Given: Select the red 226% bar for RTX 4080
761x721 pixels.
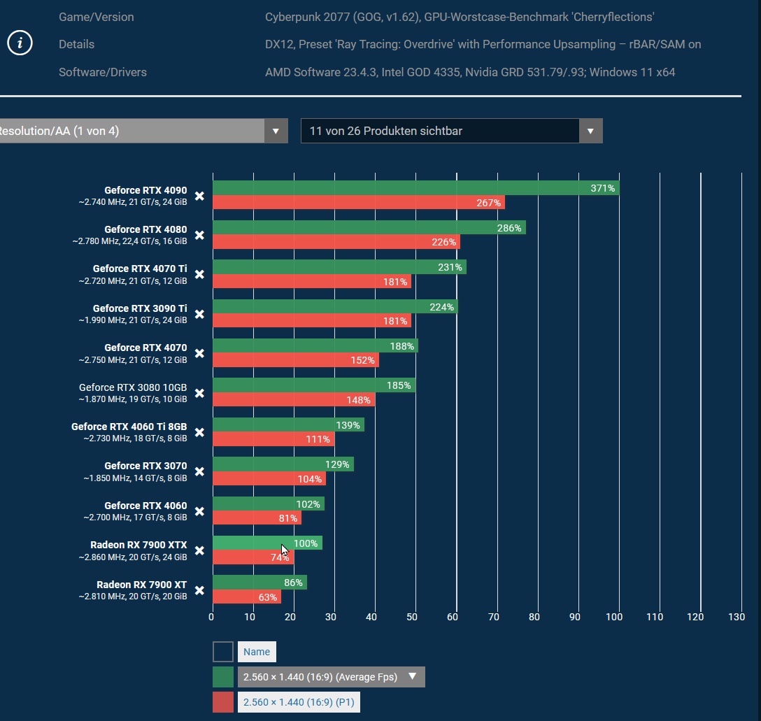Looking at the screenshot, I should click(x=336, y=243).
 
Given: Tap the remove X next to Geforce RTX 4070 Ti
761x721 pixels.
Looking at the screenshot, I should click(x=199, y=275).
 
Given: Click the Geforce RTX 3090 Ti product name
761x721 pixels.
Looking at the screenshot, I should click(x=139, y=308).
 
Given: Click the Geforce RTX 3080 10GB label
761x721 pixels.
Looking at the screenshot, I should click(x=133, y=387).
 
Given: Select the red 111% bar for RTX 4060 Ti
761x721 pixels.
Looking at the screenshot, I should click(x=273, y=439).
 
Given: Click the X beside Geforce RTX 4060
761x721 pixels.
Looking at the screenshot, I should click(x=199, y=511).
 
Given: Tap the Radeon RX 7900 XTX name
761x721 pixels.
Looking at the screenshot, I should click(x=138, y=545).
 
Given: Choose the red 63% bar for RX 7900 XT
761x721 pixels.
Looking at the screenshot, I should click(x=246, y=597).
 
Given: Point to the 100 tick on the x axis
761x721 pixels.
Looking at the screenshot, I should click(x=614, y=617).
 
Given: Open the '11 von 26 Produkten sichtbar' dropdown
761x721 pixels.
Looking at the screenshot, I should click(x=451, y=131).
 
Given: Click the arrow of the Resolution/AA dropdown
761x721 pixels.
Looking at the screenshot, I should click(x=276, y=131).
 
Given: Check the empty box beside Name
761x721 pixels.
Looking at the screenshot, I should click(x=223, y=652).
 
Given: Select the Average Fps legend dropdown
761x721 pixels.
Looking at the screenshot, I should click(x=331, y=677).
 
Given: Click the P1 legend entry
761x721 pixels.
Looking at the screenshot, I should click(x=299, y=702).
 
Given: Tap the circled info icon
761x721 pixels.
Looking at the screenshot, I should click(x=20, y=43).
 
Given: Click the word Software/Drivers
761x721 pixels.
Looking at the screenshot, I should click(x=103, y=72).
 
